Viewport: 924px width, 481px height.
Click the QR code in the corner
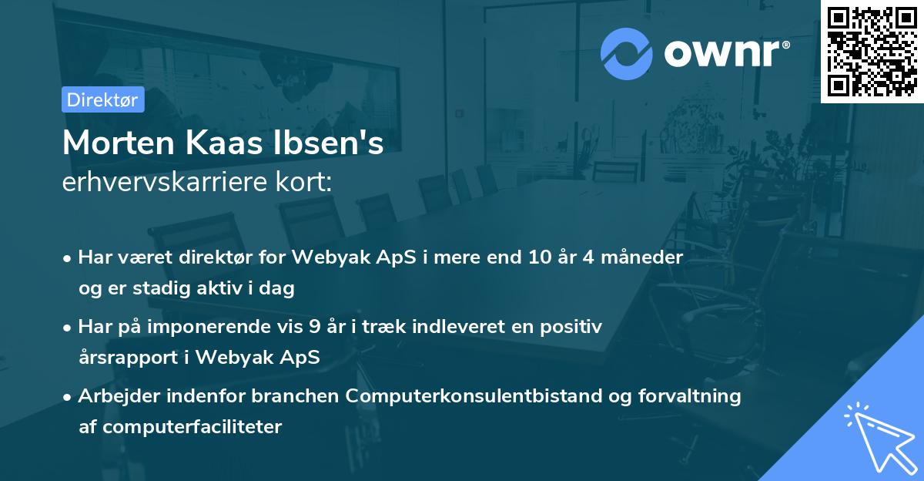(x=872, y=51)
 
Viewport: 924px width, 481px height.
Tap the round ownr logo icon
(x=627, y=53)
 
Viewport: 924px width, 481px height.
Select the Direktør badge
(x=103, y=99)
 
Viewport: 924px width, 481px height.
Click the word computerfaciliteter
(x=190, y=427)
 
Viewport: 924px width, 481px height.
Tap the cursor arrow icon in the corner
(x=878, y=436)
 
